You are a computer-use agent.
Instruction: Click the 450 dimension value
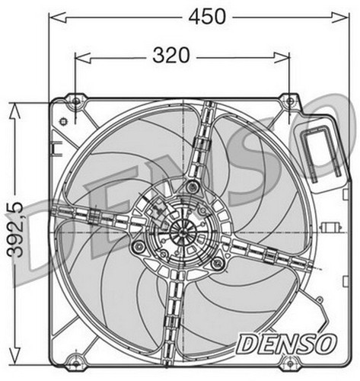tap(207, 17)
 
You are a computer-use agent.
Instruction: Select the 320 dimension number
tap(171, 56)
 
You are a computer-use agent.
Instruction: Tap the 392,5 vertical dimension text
tap(15, 230)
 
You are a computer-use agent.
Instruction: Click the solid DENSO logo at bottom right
tap(287, 344)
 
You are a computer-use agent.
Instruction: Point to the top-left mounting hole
tap(75, 101)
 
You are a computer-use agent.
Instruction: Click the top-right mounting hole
tap(289, 101)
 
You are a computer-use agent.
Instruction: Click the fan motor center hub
tap(183, 232)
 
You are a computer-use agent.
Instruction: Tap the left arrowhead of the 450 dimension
tap(57, 18)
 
